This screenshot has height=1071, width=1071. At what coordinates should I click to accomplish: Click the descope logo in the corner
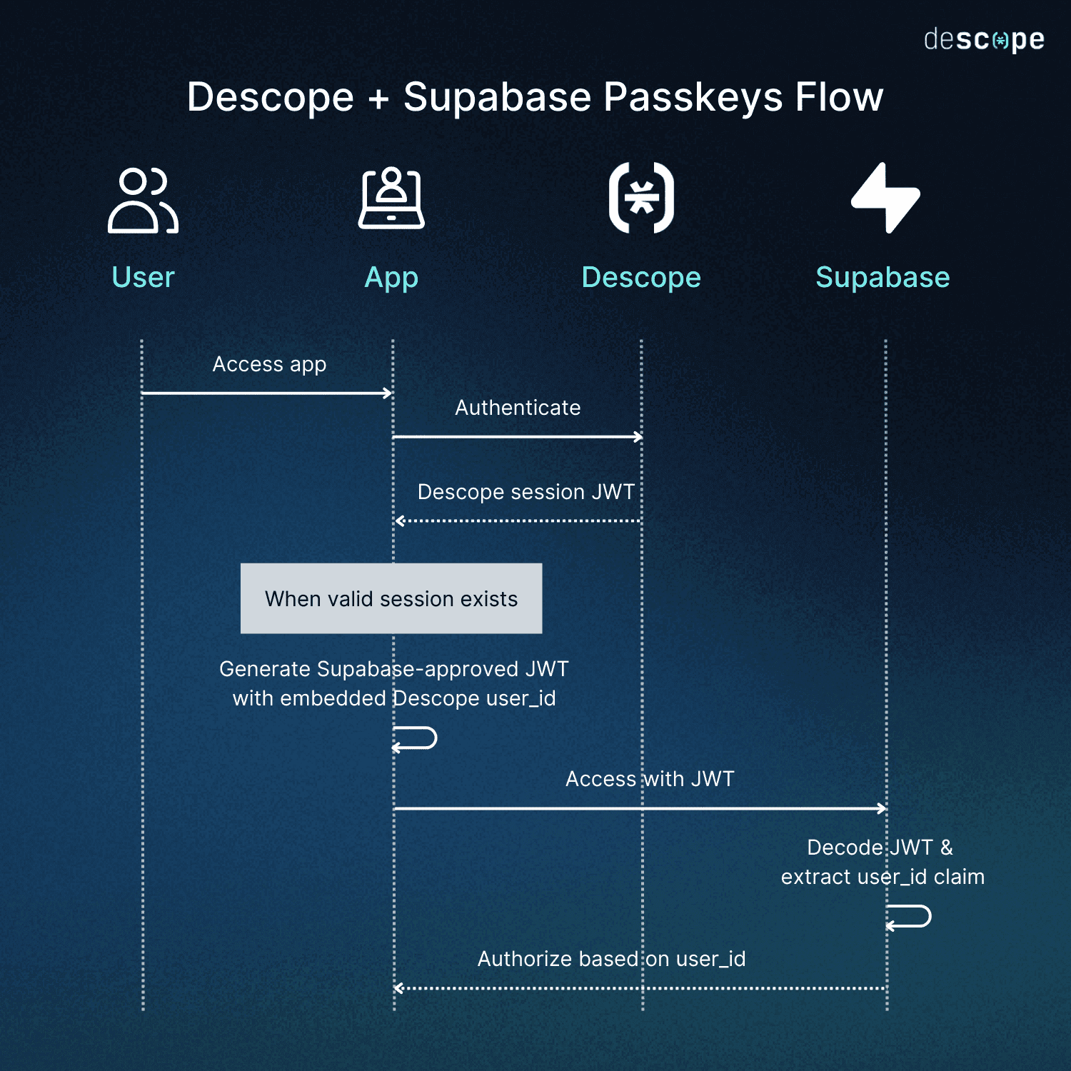[984, 40]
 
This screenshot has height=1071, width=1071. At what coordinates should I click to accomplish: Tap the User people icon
[143, 201]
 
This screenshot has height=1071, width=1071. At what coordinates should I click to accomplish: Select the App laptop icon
[391, 199]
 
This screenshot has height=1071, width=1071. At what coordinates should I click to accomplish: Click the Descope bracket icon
[641, 198]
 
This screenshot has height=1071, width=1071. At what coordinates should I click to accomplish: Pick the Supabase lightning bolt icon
[885, 198]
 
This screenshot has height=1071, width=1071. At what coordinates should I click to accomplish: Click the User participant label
[143, 277]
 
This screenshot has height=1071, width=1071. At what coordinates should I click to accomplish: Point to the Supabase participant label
[883, 277]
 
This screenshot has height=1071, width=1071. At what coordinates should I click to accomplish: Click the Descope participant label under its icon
[641, 277]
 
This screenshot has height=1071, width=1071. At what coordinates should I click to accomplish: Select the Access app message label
[269, 365]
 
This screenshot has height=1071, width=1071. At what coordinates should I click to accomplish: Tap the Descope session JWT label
[526, 492]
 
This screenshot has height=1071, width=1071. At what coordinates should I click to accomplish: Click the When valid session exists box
[391, 598]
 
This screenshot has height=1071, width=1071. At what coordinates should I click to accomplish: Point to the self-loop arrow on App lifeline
[416, 739]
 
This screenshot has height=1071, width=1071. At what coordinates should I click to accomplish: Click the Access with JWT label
[650, 779]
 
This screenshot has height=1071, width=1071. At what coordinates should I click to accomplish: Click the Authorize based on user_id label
[611, 959]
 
